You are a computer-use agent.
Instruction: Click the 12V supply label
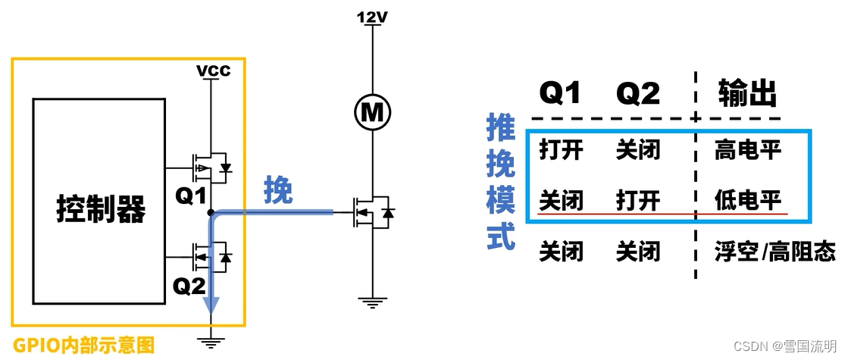pos(371,15)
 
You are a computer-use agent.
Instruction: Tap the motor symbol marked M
pos(371,113)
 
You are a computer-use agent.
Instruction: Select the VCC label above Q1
pos(213,71)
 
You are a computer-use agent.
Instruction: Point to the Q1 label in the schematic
pos(192,196)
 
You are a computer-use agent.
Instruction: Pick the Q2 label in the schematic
pos(189,286)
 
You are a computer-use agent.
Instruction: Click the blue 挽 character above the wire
pos(277,191)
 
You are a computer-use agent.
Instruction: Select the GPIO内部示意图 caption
pos(83,346)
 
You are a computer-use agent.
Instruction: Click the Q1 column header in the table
pos(561,93)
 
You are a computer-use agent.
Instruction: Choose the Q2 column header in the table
pos(638,93)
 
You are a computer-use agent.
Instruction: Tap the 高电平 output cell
pos(747,150)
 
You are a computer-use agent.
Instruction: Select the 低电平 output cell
pos(747,201)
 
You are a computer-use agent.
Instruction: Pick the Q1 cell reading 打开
pos(561,150)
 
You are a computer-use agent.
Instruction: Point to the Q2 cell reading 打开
pos(638,201)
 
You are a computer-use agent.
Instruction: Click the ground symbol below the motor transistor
pos(371,304)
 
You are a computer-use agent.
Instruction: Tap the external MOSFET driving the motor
pos(371,214)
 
